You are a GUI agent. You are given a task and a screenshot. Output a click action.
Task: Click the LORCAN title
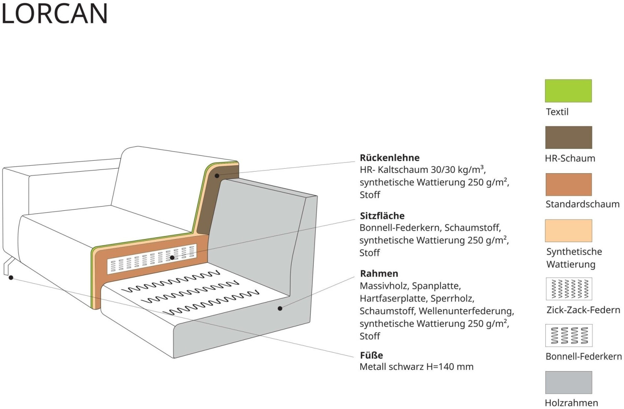[54, 13]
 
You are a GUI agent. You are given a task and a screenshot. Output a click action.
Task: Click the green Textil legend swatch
[568, 91]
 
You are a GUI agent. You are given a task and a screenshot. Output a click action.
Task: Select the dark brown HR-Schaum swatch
[569, 137]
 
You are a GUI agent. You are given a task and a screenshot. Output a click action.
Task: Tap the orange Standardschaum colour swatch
[569, 185]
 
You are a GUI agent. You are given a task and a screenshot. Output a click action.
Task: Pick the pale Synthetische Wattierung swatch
[569, 230]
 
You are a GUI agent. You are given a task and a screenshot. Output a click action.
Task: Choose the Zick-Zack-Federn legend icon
[569, 289]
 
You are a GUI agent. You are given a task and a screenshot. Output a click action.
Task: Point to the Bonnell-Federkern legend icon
[569, 335]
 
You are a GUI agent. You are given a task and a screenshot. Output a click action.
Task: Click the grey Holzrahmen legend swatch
[569, 382]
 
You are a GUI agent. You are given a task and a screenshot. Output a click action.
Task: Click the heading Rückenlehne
[389, 157]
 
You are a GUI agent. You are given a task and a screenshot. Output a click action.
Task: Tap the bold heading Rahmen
[379, 273]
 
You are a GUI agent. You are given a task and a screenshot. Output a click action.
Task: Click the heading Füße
[371, 355]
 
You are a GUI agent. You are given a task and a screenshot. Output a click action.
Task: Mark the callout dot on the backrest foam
[217, 176]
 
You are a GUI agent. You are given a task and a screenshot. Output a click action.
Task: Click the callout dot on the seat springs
[172, 257]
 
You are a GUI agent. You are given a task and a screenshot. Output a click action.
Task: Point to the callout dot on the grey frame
[280, 308]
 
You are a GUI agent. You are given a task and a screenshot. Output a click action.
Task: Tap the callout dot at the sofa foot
[11, 278]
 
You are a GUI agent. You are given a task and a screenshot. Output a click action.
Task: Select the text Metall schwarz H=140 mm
[416, 367]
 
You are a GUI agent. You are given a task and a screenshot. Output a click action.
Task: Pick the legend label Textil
[557, 112]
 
